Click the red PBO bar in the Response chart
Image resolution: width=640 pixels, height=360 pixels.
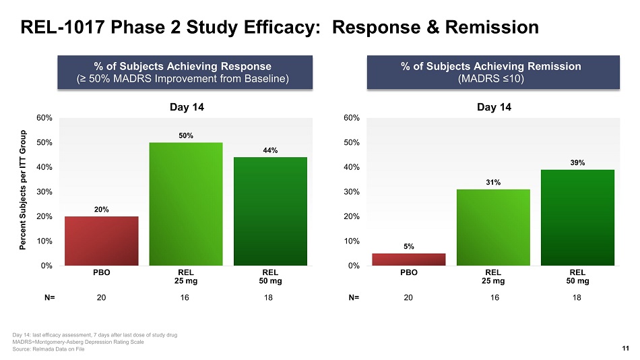click(101, 241)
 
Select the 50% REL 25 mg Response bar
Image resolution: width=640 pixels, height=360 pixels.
click(185, 204)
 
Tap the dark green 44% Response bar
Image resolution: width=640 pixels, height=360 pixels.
click(269, 211)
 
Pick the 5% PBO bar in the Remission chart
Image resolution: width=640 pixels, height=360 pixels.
click(408, 260)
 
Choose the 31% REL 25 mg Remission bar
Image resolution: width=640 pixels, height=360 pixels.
click(493, 227)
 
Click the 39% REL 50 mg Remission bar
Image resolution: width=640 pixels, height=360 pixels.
click(577, 217)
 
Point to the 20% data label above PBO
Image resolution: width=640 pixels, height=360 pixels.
click(101, 210)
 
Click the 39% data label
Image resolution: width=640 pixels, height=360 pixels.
click(577, 162)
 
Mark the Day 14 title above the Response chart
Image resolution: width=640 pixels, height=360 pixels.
click(185, 107)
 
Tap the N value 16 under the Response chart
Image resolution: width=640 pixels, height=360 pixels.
click(185, 297)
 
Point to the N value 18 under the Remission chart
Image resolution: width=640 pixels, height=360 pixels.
click(577, 297)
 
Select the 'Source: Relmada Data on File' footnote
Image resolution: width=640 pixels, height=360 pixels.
click(49, 349)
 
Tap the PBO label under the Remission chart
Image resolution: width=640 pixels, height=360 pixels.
click(408, 272)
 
